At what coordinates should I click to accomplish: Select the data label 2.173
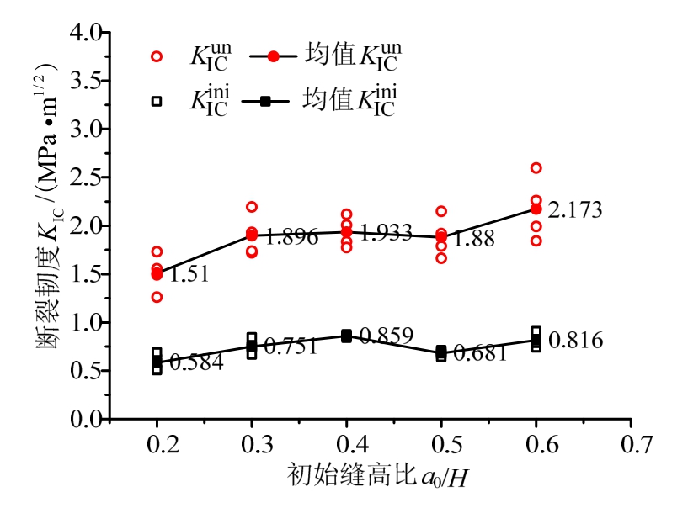(574, 209)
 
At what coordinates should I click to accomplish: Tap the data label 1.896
(291, 237)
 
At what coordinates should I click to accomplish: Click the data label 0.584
(195, 362)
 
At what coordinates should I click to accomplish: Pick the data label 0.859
(386, 336)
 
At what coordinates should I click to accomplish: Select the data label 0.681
(480, 353)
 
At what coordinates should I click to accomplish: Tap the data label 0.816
(575, 341)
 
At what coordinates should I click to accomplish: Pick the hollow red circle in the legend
(156, 56)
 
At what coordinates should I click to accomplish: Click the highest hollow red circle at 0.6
(536, 168)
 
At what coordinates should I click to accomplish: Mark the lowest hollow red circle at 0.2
(157, 297)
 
